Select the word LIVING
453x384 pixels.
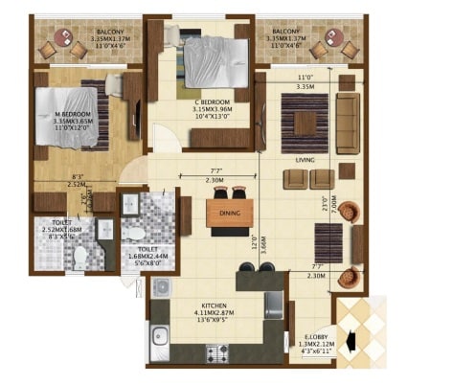pos(306,161)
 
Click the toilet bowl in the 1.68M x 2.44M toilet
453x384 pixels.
pos(136,231)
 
